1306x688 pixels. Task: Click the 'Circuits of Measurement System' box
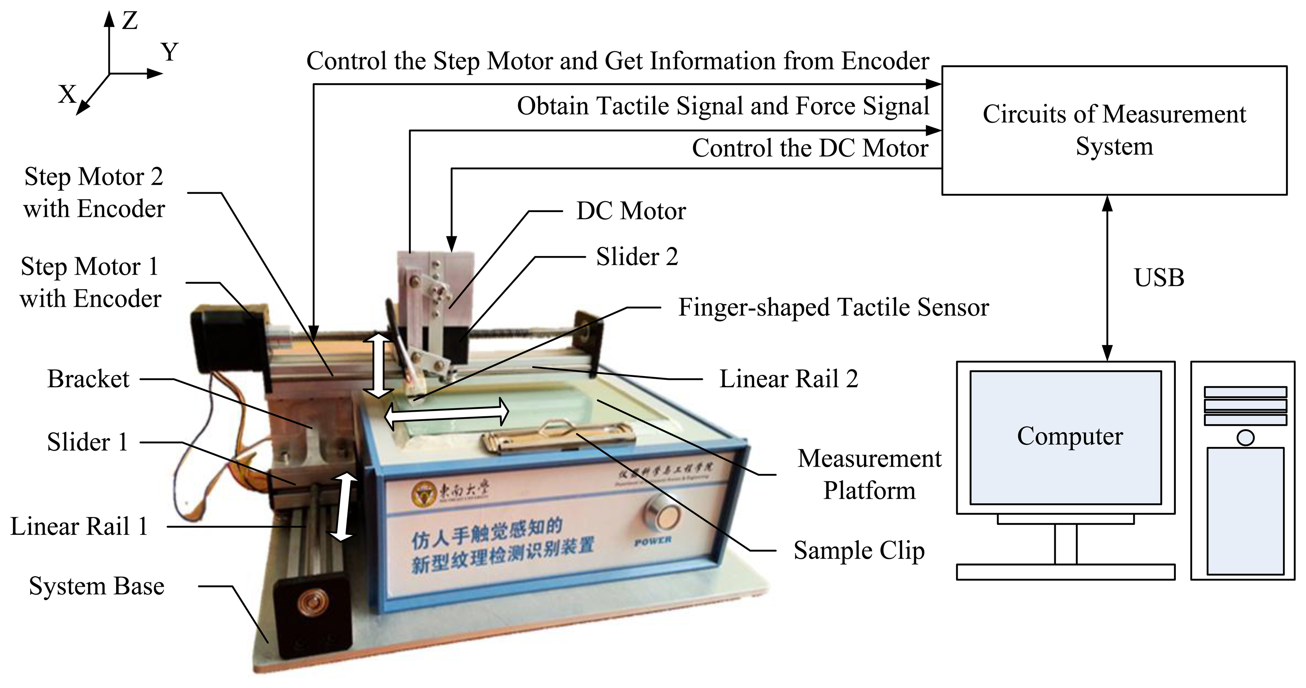point(1114,130)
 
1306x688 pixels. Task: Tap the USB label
point(1159,278)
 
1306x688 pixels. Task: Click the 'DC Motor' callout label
point(631,211)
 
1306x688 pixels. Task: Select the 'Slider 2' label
point(637,256)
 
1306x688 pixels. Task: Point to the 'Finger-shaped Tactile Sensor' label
point(833,307)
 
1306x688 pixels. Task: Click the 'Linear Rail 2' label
point(788,379)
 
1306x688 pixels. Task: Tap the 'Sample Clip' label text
point(859,551)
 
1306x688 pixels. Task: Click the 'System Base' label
point(96,586)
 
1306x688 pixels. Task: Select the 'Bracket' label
point(88,379)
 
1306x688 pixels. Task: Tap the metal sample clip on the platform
point(558,437)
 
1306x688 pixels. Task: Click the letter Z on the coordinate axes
point(130,21)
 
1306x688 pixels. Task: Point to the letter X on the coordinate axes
point(67,94)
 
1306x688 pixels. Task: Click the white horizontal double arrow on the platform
point(446,413)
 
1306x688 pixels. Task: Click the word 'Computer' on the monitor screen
point(1070,437)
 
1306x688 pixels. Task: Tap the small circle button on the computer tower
point(1245,438)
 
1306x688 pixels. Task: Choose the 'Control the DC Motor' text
point(810,148)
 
